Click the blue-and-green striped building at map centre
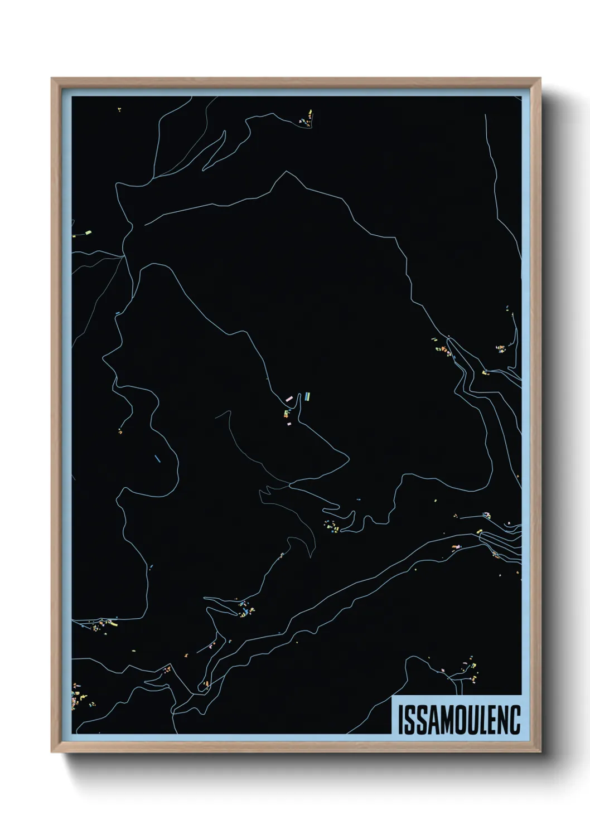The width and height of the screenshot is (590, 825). [306, 396]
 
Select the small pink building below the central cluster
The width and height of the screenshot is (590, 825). [289, 424]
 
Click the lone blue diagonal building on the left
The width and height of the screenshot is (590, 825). [157, 459]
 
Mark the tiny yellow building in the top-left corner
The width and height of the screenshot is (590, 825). [119, 110]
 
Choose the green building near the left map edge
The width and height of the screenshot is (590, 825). [88, 230]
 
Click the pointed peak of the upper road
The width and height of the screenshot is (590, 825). [287, 172]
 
